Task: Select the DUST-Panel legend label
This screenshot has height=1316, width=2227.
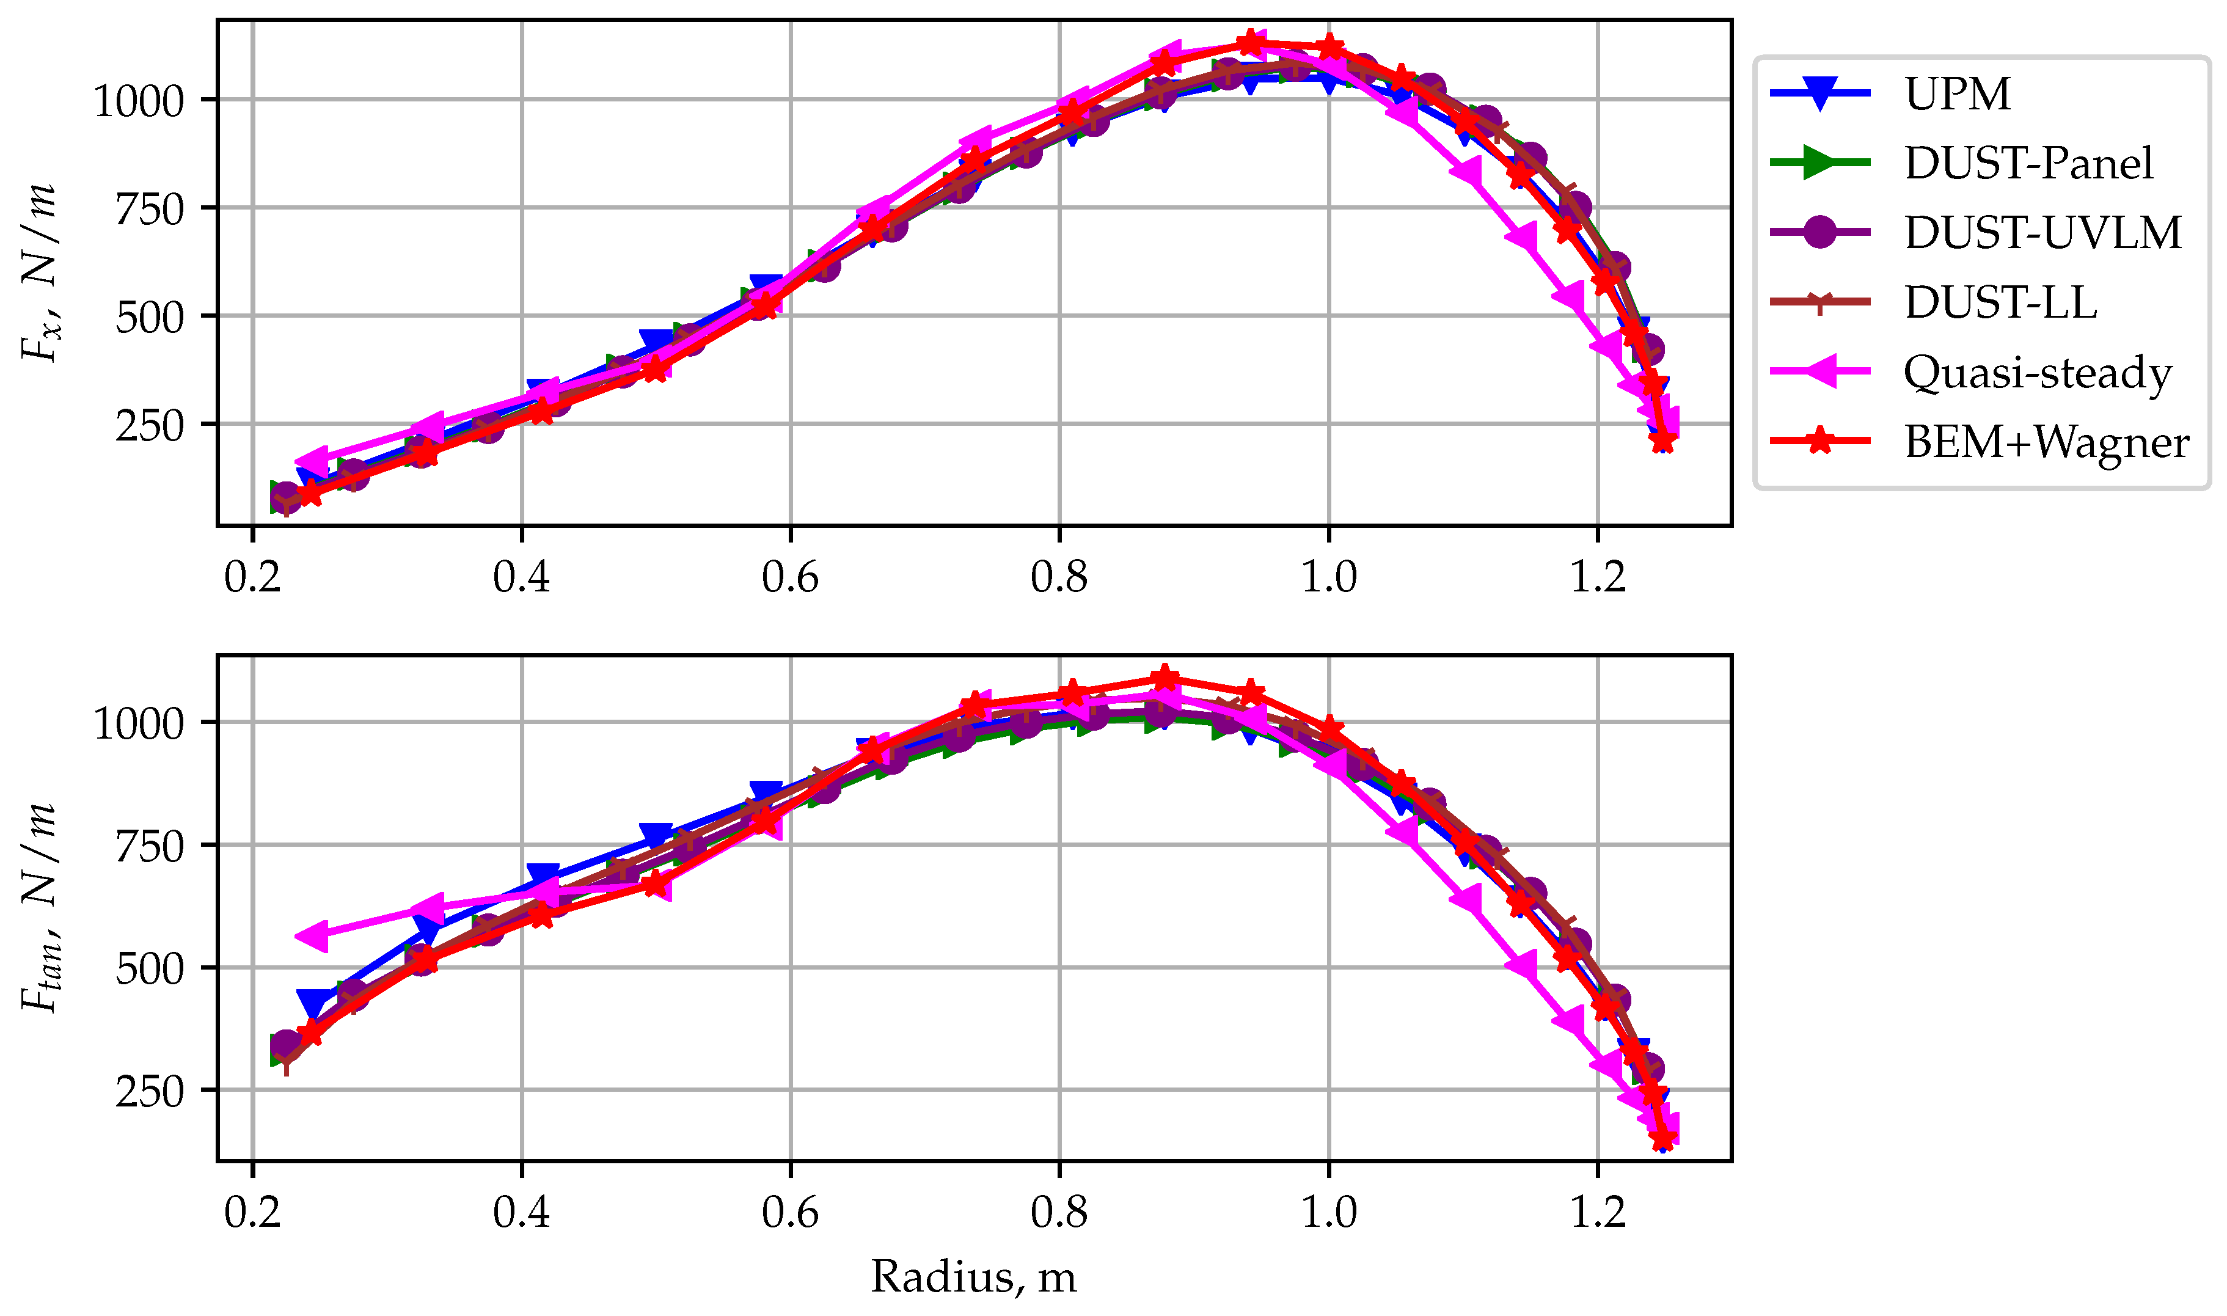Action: pyautogui.click(x=2028, y=163)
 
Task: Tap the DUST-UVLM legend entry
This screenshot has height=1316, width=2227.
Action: pyautogui.click(x=2042, y=232)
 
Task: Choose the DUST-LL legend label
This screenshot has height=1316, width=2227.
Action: pyautogui.click(x=2000, y=302)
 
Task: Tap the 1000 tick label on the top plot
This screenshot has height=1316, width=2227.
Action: pyautogui.click(x=138, y=101)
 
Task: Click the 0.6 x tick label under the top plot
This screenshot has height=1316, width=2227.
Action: pyautogui.click(x=790, y=578)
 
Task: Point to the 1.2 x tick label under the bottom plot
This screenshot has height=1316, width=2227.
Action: pyautogui.click(x=1598, y=1212)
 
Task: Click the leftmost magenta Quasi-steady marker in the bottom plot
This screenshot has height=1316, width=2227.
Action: pyautogui.click(x=312, y=937)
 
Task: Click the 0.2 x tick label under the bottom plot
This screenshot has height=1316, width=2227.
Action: pyautogui.click(x=253, y=1212)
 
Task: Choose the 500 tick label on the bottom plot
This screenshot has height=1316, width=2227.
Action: pyautogui.click(x=149, y=968)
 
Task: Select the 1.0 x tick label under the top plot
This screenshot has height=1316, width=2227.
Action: pyautogui.click(x=1328, y=578)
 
